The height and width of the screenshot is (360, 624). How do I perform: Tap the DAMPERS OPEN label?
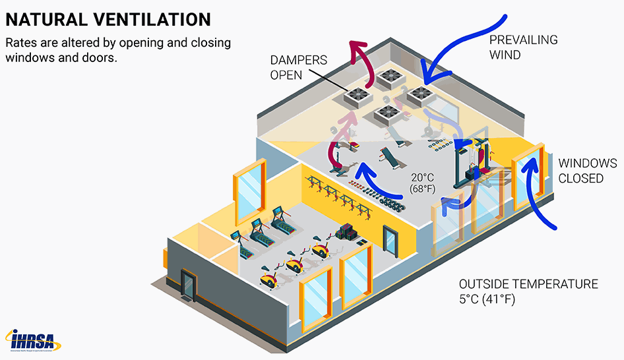298,67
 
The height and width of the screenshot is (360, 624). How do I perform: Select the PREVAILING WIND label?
522,47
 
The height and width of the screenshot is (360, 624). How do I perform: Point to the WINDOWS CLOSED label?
588,171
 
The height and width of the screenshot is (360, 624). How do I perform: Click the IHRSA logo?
33,340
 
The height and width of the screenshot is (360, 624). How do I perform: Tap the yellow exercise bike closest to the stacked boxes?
321,250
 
